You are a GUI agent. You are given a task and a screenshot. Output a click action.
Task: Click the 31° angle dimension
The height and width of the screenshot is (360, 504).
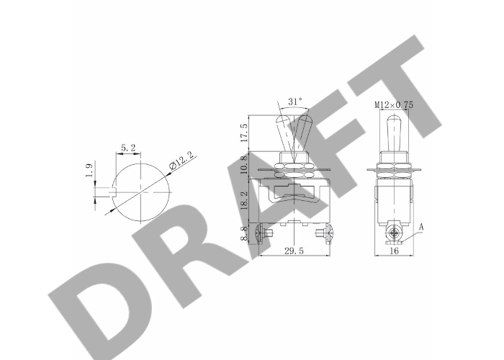[295, 102]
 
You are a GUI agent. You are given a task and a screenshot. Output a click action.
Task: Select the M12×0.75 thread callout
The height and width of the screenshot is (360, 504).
[394, 105]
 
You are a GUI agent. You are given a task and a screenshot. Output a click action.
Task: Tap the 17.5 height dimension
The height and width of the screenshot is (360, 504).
[244, 132]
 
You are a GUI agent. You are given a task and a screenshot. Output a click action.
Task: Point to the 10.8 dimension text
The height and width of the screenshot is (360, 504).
[244, 164]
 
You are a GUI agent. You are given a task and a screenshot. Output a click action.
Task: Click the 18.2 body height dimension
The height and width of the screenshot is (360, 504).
[244, 201]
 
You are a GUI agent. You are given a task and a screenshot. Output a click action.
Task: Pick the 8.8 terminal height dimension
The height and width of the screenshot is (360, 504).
[244, 233]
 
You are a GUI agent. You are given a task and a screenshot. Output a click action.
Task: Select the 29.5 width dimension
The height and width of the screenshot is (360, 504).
[294, 251]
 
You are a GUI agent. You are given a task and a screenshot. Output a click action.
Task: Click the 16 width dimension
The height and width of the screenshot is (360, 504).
[394, 251]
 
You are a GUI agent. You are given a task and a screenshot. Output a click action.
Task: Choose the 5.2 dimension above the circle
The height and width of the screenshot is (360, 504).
[128, 148]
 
